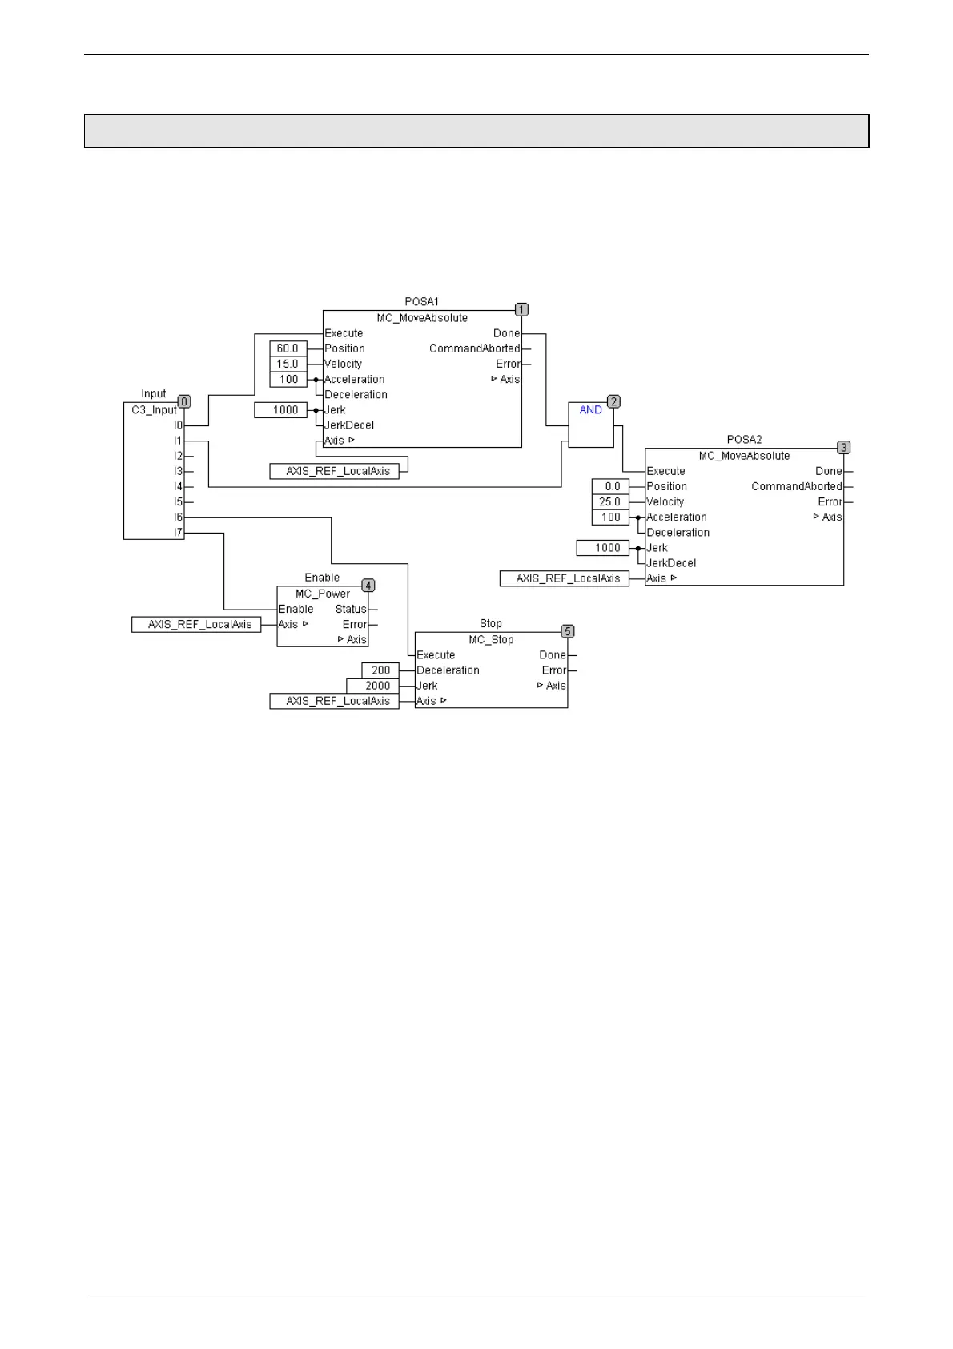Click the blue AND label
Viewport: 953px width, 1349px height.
590,410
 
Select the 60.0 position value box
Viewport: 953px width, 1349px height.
288,348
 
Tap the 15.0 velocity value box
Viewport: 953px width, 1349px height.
288,364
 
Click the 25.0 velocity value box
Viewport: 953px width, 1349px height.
610,502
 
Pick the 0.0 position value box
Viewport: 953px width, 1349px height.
610,487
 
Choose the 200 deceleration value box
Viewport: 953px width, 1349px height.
380,670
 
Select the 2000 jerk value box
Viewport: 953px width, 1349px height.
372,686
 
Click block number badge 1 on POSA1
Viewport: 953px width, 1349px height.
521,310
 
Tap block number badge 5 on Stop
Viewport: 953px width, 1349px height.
568,632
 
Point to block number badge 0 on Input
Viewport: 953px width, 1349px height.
184,402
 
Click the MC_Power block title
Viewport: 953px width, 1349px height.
323,594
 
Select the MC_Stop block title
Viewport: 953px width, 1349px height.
491,640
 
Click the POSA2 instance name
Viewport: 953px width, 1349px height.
744,440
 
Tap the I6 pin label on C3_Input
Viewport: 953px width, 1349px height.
178,517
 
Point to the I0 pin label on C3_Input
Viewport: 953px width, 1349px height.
178,425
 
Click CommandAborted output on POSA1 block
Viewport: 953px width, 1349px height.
474,348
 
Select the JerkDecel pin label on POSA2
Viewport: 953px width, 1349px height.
671,563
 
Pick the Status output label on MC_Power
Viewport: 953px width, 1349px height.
351,610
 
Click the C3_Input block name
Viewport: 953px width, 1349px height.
154,410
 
